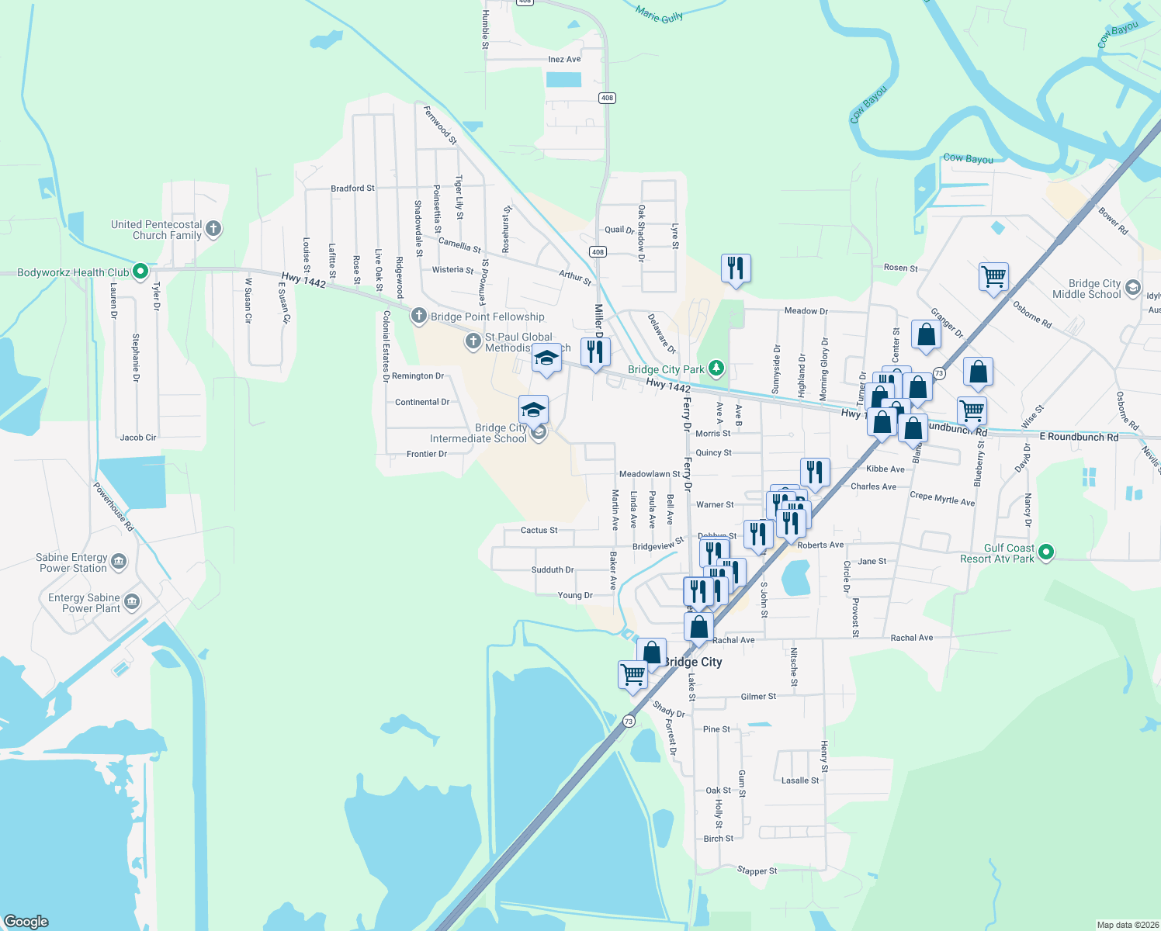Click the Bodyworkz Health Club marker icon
pos(140,272)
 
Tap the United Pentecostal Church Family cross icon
pos(213,229)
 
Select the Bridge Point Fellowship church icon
pos(419,316)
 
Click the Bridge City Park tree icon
pos(717,369)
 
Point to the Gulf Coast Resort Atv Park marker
pos(1046,552)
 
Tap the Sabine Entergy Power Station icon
pos(119,562)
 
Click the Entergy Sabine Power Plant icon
pos(132,602)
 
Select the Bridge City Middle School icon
pos(1133,288)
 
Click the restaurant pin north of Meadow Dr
pos(735,268)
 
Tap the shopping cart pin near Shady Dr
pos(633,674)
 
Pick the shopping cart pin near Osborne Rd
pos(993,276)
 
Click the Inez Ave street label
pos(564,59)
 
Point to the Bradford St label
pos(352,189)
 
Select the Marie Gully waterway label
pos(659,14)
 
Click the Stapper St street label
pos(757,871)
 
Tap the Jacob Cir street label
pos(138,438)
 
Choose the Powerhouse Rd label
pos(113,507)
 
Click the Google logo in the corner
pos(26,922)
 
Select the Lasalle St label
pos(800,780)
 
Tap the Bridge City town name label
pos(692,662)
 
